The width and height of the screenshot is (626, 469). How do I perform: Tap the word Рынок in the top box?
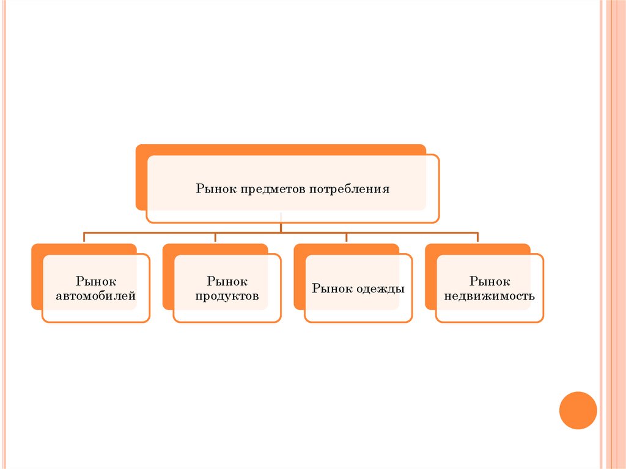coord(216,189)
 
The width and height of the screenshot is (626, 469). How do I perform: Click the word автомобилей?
coord(96,297)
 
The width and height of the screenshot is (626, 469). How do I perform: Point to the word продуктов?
coord(227,297)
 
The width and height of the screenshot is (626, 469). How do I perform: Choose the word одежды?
coord(380,289)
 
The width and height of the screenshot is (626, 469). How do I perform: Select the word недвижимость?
coord(490,297)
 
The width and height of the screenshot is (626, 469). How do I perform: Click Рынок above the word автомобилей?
coord(96,281)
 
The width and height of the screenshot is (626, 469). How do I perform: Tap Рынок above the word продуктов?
coord(227,281)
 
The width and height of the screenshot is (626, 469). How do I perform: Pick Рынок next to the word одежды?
coord(332,289)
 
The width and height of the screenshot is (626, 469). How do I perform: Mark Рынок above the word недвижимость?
coord(490,281)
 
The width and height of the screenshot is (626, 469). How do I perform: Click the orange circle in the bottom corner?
coord(578,410)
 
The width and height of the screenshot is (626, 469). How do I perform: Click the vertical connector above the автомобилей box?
coord(84,238)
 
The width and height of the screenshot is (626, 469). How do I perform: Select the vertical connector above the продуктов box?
coord(215,238)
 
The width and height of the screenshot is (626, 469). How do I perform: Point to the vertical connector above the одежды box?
coord(347,238)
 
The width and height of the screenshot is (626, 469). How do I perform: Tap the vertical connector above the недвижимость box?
coord(477,238)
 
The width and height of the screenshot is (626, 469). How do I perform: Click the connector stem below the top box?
coord(281,227)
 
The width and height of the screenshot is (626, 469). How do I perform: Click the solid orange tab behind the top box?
coord(141,177)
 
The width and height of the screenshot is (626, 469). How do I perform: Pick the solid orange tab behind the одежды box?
coord(299,278)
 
